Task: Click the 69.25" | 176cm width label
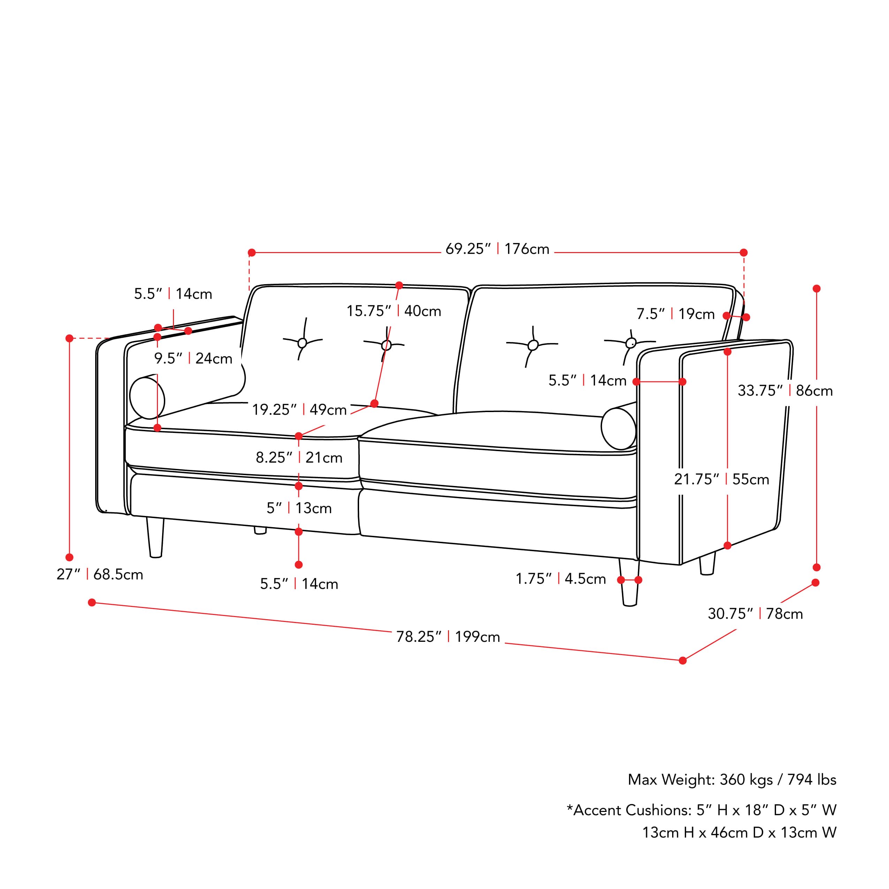pos(497,249)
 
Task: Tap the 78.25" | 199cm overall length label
pos(448,637)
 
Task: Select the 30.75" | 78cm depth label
pos(755,614)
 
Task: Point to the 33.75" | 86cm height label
pos(785,391)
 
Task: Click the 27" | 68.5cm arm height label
pos(100,575)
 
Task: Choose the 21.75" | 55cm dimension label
pos(721,479)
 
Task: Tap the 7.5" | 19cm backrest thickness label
pos(675,314)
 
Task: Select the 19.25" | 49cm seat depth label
pos(299,410)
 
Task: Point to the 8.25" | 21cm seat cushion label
pos(299,458)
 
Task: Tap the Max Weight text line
pos(732,780)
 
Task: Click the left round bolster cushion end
pos(147,398)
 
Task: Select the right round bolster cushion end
pos(618,428)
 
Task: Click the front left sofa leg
pos(155,538)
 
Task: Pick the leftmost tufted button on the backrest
pos(302,343)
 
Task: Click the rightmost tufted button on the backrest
pos(631,343)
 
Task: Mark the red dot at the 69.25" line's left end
pos(252,253)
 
